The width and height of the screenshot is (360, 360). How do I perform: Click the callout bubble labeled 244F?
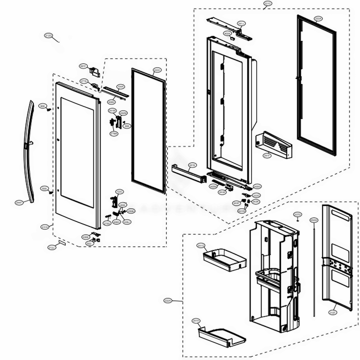click(19, 203)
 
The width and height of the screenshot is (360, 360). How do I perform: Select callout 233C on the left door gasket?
click(157, 71)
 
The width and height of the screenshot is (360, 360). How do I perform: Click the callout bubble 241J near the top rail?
click(242, 23)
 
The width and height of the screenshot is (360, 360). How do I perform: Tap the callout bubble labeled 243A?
click(222, 193)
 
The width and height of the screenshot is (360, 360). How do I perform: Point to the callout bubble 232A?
click(167, 300)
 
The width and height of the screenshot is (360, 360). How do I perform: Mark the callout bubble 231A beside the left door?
click(45, 227)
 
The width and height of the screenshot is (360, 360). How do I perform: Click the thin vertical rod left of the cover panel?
click(315, 270)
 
